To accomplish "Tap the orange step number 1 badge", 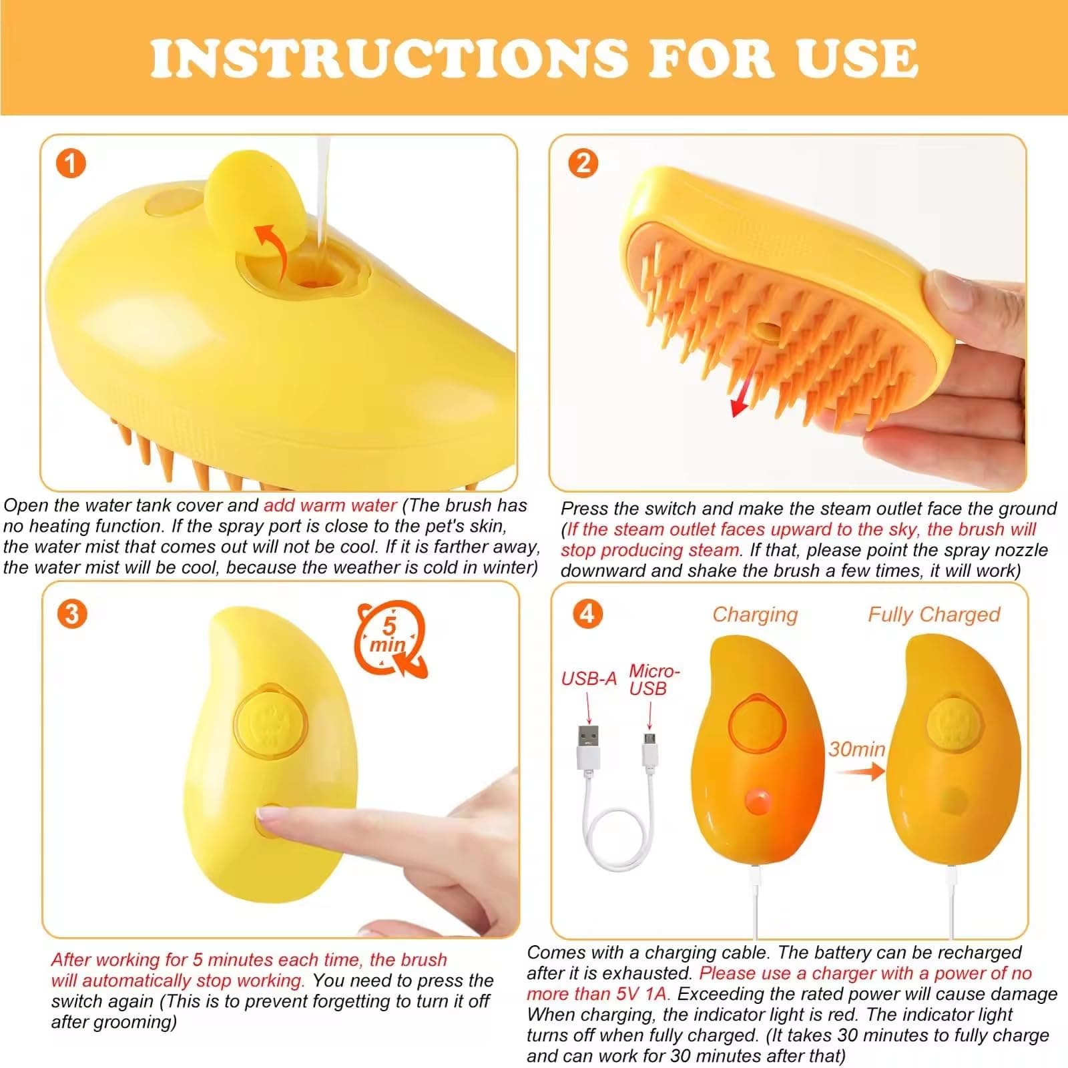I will [x=71, y=164].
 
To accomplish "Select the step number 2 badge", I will [x=583, y=163].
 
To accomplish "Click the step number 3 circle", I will [x=72, y=613].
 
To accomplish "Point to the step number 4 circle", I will [x=587, y=613].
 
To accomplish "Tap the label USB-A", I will [x=588, y=679].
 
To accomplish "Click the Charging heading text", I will [x=755, y=614].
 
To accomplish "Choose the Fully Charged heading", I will [x=933, y=614].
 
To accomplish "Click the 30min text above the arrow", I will [x=856, y=749].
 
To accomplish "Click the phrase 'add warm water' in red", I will [x=330, y=505].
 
